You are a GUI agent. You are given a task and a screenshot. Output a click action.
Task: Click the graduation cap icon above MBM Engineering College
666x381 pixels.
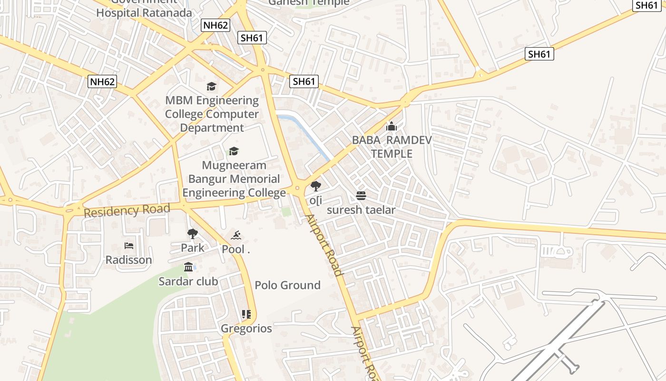click(211, 86)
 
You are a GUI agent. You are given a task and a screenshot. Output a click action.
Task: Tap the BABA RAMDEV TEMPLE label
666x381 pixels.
click(392, 147)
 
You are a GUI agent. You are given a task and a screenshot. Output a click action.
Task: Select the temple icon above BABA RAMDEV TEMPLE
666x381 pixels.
click(392, 126)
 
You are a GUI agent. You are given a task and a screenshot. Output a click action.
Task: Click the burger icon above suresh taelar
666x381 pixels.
click(361, 195)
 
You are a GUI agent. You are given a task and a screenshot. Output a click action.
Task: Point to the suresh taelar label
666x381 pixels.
click(361, 210)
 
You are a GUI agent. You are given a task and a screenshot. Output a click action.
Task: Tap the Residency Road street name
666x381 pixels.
click(127, 210)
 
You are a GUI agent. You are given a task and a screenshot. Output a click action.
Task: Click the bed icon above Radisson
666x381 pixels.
click(129, 246)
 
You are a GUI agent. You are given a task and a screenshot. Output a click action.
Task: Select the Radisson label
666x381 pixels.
click(129, 260)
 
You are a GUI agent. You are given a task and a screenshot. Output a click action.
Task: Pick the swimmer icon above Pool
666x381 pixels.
click(236, 235)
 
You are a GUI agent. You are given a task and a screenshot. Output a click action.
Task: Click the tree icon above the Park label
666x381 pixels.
click(193, 234)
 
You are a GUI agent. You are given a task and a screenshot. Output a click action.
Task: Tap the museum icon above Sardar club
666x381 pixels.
click(188, 267)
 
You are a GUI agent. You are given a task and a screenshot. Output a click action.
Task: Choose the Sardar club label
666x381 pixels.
click(188, 281)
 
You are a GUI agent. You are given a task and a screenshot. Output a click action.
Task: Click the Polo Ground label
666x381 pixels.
click(287, 285)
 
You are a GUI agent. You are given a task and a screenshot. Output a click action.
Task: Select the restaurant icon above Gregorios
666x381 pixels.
click(246, 314)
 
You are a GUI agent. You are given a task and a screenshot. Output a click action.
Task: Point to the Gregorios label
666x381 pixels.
click(246, 329)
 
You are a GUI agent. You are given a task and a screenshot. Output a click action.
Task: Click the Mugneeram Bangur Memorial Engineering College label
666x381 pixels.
click(234, 179)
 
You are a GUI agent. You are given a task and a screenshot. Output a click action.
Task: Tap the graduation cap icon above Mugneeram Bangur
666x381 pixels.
click(234, 151)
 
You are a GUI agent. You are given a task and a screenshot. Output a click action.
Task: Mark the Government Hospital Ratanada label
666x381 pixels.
click(144, 10)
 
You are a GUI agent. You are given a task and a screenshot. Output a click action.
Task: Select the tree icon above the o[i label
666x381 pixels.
click(315, 186)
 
